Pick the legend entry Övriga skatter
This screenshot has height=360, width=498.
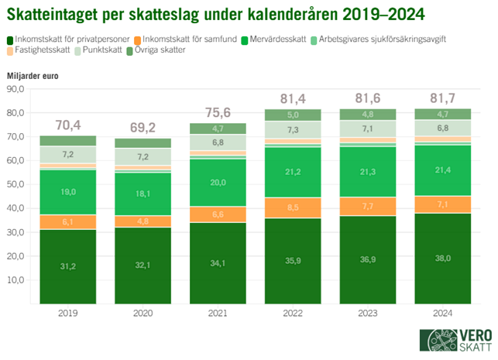tap(161, 50)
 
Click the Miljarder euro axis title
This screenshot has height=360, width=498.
tap(32, 75)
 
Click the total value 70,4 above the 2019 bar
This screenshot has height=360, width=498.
tap(69, 124)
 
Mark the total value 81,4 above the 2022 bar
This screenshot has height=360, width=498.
tap(294, 98)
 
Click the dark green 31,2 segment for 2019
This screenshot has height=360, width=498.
tap(69, 266)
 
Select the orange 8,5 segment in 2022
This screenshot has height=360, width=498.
tap(294, 207)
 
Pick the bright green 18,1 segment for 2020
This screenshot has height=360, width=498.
tap(144, 194)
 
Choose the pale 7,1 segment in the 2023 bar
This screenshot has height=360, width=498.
tap(369, 129)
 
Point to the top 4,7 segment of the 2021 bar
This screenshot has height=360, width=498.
tap(218, 129)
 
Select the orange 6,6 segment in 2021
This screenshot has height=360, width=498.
tap(218, 214)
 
